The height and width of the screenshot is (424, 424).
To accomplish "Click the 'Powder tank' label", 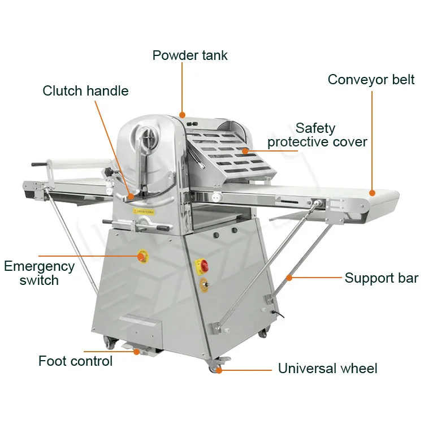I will pos(190,55).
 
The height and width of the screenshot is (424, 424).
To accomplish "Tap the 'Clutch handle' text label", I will pos(85,90).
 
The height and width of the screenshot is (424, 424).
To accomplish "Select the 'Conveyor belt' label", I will pos(370,79).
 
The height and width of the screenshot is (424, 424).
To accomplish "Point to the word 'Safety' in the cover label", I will pos(315,128).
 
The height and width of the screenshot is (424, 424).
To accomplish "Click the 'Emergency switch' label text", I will pos(39,272).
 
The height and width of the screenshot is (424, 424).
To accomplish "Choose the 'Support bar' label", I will pos(381,278).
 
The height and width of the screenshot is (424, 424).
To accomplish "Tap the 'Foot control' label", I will pos(75,361).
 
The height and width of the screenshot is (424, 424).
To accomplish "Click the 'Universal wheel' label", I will pos(327,369).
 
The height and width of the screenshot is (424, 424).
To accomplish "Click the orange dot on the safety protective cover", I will pos(245,150).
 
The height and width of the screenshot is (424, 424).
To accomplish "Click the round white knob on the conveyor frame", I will pos(215,197).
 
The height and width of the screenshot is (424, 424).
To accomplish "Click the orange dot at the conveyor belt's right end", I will pos(372,193).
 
